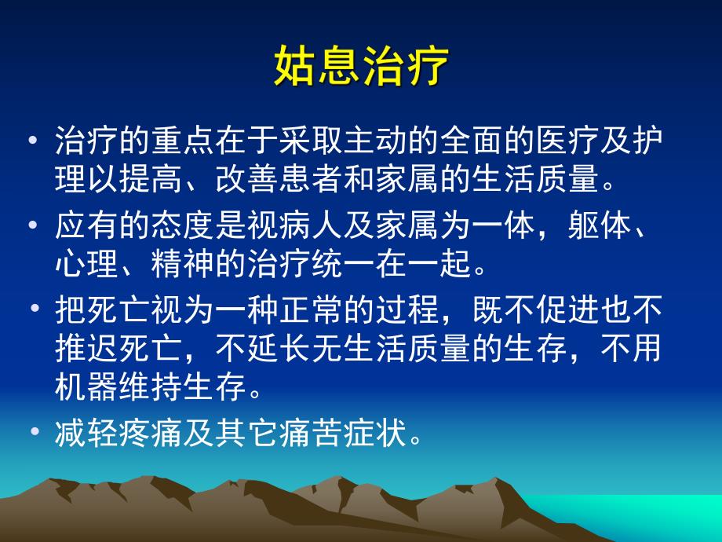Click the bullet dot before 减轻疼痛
(x=34, y=432)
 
